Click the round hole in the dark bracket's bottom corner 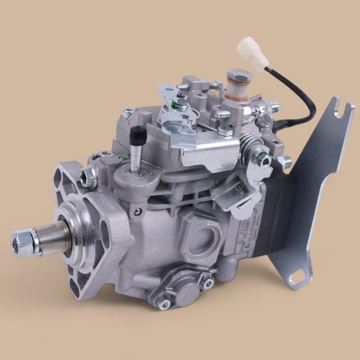295,278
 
